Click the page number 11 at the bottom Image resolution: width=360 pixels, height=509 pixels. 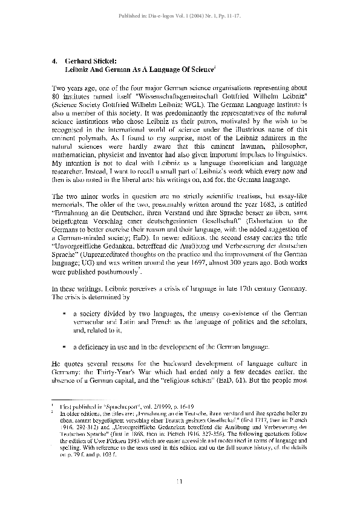(x=179, y=481)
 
